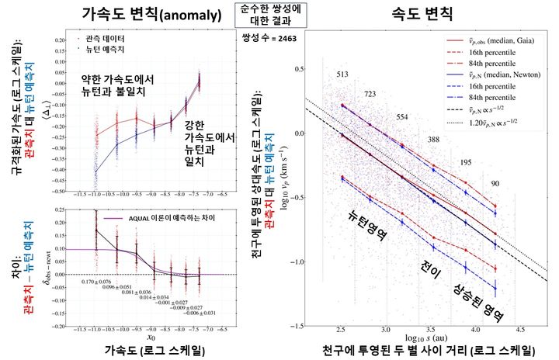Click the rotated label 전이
click(431, 272)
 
